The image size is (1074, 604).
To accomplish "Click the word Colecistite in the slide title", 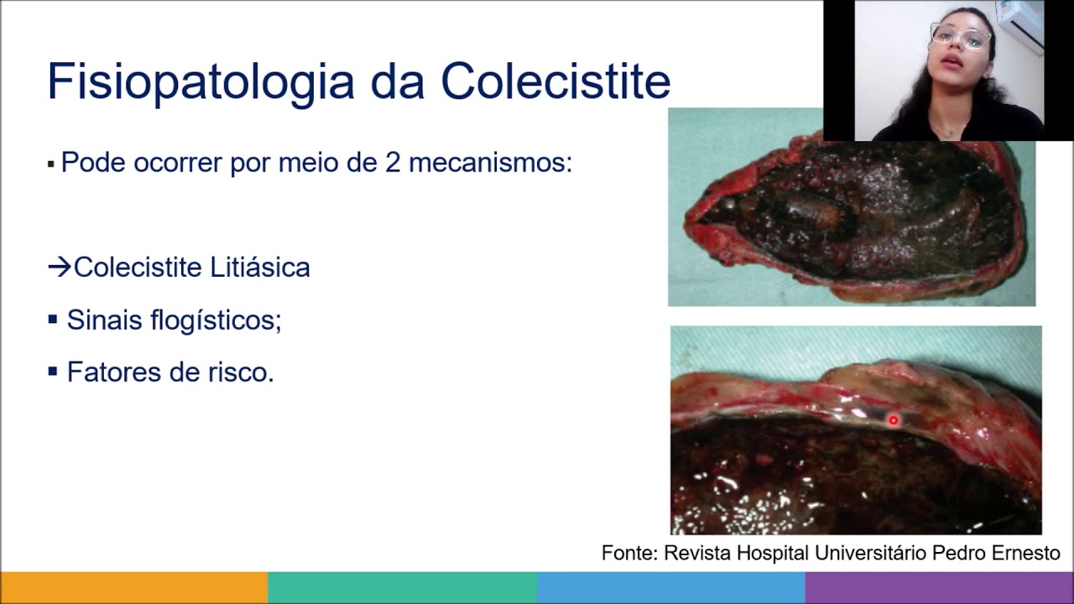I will coord(555,82).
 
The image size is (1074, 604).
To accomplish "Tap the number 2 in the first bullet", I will coord(393,162).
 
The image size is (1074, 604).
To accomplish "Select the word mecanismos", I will coord(490,162).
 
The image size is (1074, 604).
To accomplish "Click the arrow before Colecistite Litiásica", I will coord(59,268).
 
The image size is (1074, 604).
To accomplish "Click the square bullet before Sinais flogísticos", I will coord(52,320).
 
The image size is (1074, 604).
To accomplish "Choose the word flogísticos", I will coord(216,320).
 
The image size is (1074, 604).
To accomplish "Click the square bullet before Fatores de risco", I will coord(52,371).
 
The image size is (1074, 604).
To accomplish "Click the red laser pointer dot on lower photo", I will coord(894,420).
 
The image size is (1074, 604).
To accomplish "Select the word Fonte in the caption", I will coord(628,554).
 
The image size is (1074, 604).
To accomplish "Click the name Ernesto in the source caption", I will coord(1027,554).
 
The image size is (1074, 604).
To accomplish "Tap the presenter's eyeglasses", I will coord(961,37).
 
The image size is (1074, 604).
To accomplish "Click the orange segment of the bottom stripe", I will coord(134,587).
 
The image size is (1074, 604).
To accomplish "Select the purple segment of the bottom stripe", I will coord(940,587).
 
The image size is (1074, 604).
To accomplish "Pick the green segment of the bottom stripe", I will coord(403,587).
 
